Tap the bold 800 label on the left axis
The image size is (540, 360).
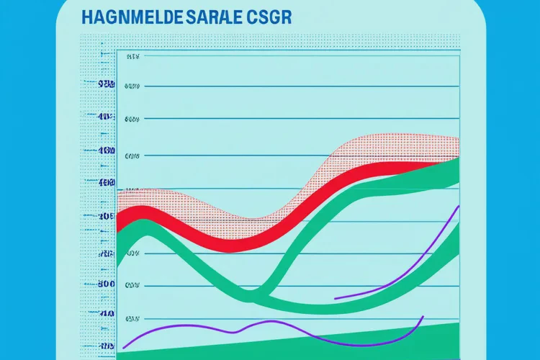[x=107, y=284]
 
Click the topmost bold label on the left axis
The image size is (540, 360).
[x=107, y=85]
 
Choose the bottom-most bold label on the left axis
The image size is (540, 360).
[x=107, y=315]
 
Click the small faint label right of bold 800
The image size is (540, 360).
[x=132, y=285]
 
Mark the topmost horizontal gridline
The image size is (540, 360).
[x=288, y=55]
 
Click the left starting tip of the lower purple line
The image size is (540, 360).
[x=125, y=344]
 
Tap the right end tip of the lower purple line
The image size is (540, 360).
[x=423, y=316]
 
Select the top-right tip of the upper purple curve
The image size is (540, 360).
[x=459, y=206]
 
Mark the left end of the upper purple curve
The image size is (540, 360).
[x=335, y=297]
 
